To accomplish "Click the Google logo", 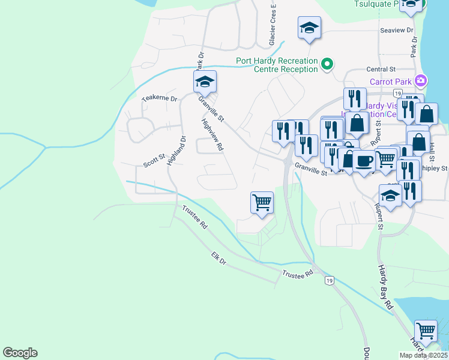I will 20,353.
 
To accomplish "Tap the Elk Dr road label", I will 218,259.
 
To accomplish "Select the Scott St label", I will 154,163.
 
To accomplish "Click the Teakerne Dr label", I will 160,98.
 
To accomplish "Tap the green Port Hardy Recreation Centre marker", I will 327,63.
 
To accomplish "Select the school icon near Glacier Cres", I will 309,28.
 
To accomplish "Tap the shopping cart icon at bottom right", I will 426,330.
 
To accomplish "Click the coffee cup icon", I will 364,160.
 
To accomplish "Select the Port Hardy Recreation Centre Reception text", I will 277,65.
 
